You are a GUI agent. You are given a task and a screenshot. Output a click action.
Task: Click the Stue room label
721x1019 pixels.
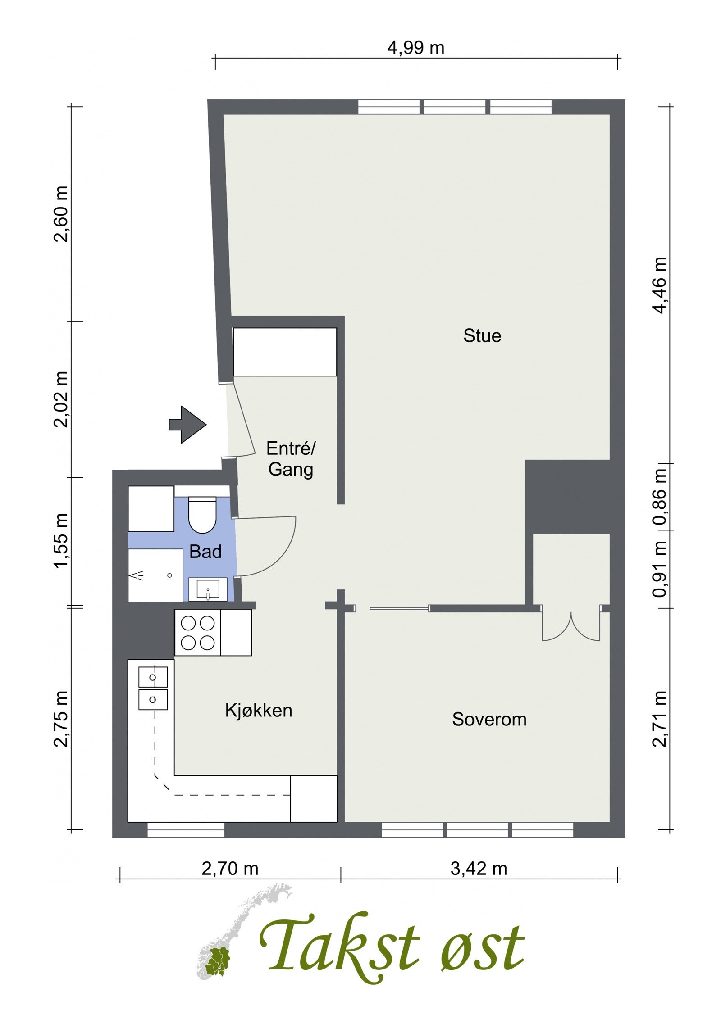[482, 336]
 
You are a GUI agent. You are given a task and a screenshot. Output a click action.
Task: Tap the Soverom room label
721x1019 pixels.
[489, 719]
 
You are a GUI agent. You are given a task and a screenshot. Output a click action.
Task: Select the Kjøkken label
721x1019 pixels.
[259, 710]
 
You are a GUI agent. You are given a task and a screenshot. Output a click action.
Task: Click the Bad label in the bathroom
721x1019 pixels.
[205, 552]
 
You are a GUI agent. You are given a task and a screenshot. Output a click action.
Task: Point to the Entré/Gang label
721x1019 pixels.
[291, 459]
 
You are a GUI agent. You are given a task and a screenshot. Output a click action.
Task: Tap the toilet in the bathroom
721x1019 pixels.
[202, 515]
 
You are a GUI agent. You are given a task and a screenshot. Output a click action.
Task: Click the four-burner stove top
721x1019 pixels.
[197, 633]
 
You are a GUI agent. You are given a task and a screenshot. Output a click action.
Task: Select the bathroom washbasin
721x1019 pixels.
[208, 589]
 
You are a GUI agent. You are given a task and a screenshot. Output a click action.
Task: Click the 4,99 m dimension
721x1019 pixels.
[415, 48]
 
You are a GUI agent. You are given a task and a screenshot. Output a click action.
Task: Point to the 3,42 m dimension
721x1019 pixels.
[479, 869]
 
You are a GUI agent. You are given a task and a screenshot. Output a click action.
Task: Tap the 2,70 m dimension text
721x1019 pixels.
[230, 869]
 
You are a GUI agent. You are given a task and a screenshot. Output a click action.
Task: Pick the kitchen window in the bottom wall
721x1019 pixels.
[186, 830]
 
